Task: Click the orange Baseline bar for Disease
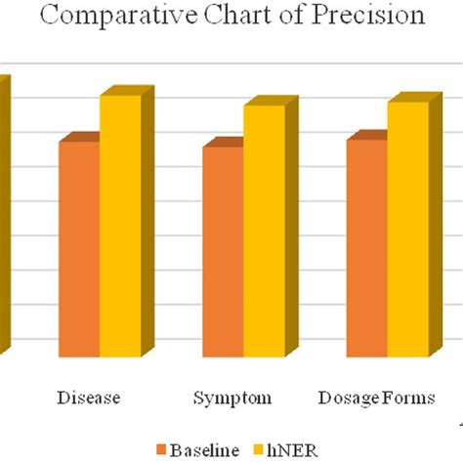click(79, 248)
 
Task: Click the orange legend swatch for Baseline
click(161, 449)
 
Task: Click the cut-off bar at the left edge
click(4, 215)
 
